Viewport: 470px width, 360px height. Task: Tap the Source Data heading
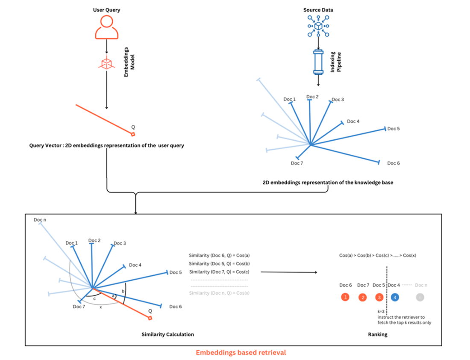tap(318, 9)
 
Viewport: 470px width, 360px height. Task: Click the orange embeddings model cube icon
tap(106, 63)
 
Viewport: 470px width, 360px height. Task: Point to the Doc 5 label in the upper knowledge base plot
tap(394, 129)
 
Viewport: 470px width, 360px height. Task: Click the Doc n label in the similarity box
tap(40, 220)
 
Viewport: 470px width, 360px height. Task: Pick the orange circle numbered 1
tap(346, 297)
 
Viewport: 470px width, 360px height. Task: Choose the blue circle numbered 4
tap(395, 297)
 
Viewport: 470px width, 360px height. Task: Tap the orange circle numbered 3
tap(379, 297)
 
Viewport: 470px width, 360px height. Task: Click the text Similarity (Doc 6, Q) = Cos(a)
tap(219, 255)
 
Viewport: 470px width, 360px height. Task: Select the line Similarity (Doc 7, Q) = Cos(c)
tap(219, 271)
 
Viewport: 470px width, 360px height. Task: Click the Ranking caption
tap(377, 334)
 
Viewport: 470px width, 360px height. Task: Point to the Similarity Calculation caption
tap(168, 334)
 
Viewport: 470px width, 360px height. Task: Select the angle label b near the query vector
tap(123, 291)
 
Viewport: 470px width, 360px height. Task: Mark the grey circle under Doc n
tap(420, 297)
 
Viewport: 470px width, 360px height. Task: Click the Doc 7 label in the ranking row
tap(363, 285)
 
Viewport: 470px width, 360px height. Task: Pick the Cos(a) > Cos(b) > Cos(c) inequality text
tap(378, 255)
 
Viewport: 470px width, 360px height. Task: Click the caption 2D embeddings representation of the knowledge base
tap(328, 182)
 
